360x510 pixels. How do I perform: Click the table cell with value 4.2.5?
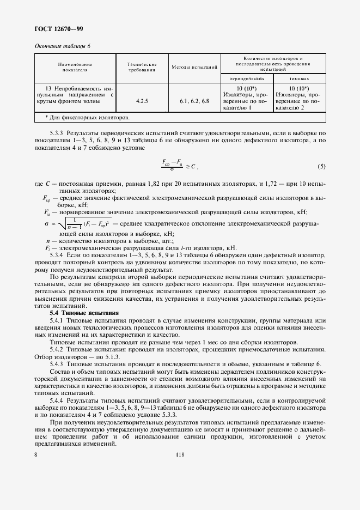coord(142,101)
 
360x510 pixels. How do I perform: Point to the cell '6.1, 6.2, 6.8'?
coord(194,101)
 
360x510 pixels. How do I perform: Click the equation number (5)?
coord(321,166)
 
